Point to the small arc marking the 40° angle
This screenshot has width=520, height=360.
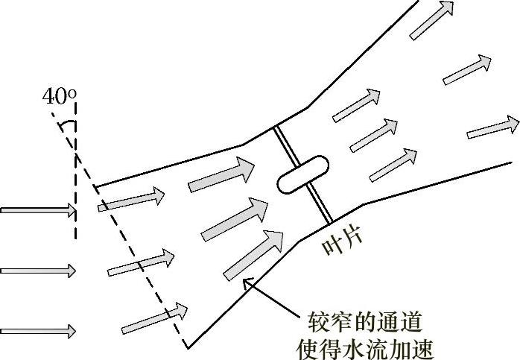point(67,126)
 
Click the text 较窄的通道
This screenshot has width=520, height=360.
point(365,323)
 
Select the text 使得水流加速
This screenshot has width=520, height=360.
point(365,347)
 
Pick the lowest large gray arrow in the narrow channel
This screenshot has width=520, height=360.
point(253,253)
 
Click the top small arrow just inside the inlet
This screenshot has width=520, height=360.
point(131,199)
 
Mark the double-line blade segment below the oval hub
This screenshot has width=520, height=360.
point(321,204)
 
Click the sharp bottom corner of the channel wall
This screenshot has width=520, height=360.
point(187,347)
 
